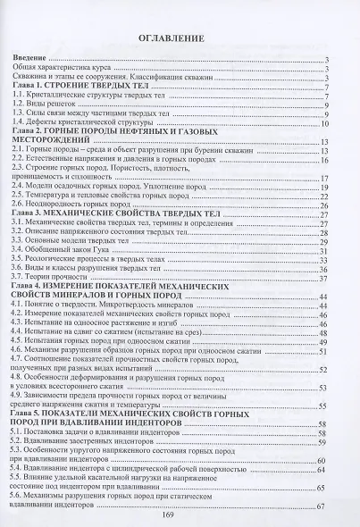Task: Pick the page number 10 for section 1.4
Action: pos(327,122)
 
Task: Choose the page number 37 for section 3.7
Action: pos(327,279)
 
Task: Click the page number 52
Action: pos(327,367)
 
